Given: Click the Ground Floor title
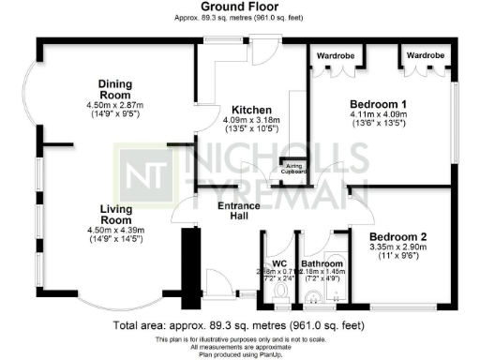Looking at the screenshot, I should click(240, 7).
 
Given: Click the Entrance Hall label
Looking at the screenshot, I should click(239, 211).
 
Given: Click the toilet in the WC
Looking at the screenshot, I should click(277, 294).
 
